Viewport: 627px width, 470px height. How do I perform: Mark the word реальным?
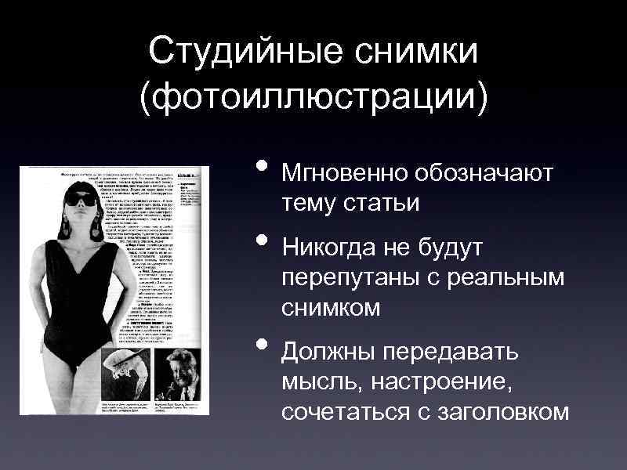(x=510, y=280)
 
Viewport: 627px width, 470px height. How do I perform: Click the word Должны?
(x=328, y=352)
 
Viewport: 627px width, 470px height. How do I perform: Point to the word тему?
(x=309, y=202)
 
